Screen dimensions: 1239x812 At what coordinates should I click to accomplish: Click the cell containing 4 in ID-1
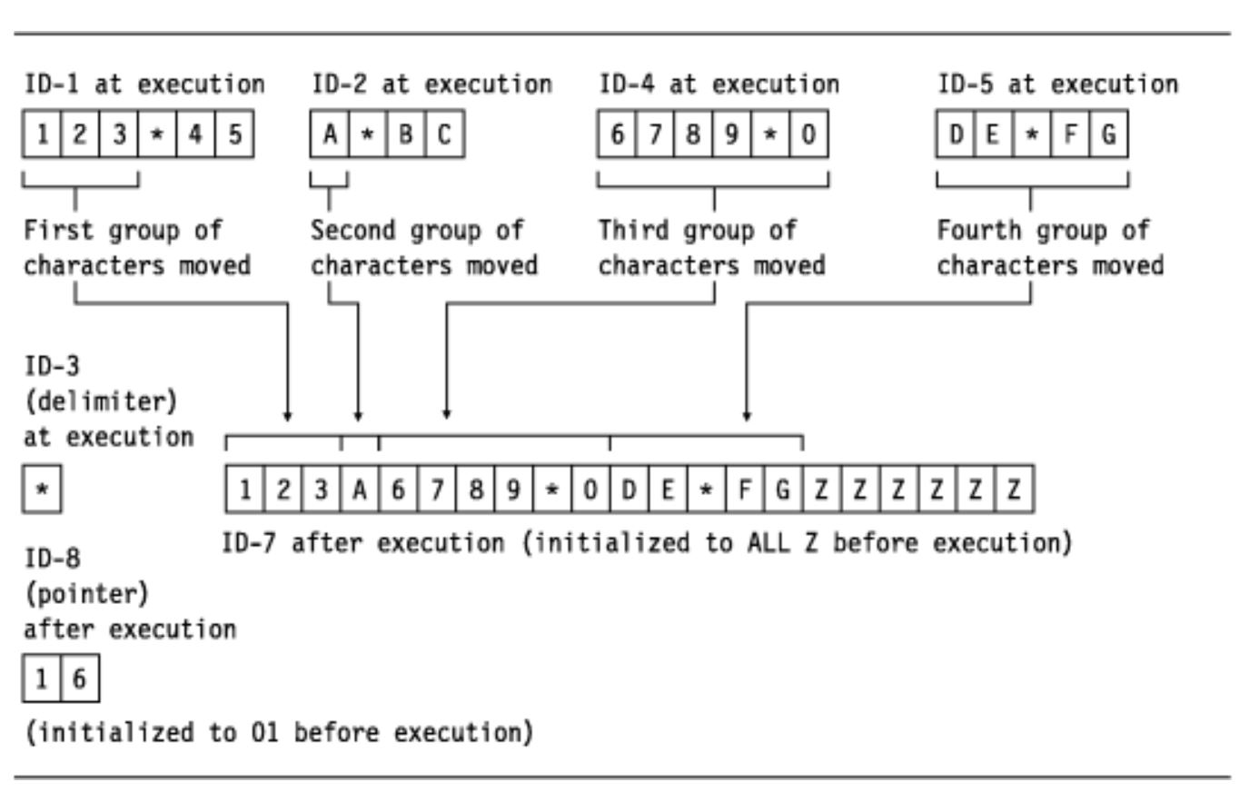(x=196, y=139)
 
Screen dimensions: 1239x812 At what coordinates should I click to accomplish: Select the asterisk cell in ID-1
(x=157, y=139)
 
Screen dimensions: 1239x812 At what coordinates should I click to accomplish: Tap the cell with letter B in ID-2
(x=407, y=139)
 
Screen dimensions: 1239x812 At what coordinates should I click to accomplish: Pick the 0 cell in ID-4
(x=808, y=139)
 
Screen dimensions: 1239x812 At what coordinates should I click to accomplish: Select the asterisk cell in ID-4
(x=770, y=139)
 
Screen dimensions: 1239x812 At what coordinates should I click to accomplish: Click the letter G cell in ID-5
(x=1110, y=139)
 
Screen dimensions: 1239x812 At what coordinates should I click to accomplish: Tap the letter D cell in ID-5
(x=956, y=139)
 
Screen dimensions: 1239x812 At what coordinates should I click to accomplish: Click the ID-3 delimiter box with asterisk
(x=42, y=494)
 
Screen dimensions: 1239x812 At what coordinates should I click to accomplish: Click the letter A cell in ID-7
(x=360, y=493)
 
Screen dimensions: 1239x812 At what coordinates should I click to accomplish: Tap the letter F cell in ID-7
(x=745, y=493)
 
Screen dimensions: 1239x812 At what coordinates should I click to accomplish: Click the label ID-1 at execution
(x=144, y=84)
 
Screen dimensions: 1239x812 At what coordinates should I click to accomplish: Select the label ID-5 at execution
(x=1058, y=84)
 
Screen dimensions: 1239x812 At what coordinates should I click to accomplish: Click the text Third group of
(x=697, y=230)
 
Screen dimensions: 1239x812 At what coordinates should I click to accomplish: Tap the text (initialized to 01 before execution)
(x=278, y=732)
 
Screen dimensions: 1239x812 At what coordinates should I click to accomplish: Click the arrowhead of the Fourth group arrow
(x=747, y=416)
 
